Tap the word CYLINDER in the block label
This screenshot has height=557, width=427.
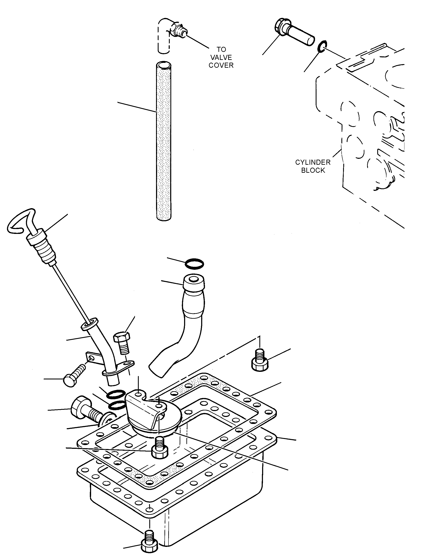click(x=313, y=162)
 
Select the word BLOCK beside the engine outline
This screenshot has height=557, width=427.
click(x=313, y=170)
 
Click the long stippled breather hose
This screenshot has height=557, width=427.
click(x=164, y=141)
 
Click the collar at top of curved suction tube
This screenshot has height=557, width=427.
click(x=194, y=282)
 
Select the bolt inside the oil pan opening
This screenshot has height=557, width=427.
click(x=160, y=450)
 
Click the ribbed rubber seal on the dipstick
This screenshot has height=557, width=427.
click(x=42, y=248)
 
